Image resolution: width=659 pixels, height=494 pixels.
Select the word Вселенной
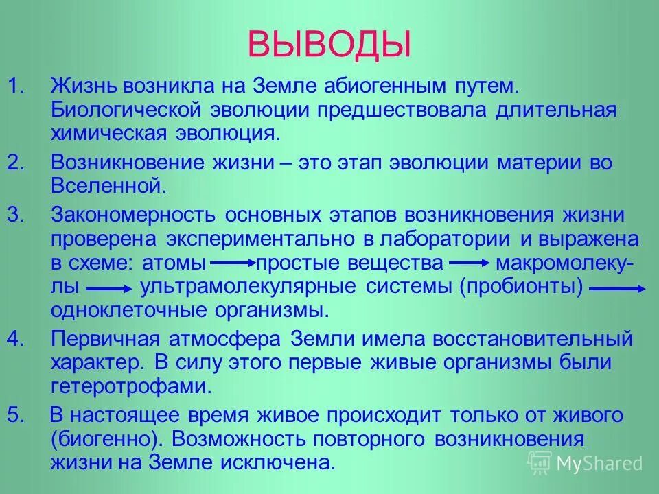coord(108,185)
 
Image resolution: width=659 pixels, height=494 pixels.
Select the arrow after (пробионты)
coord(617,288)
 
